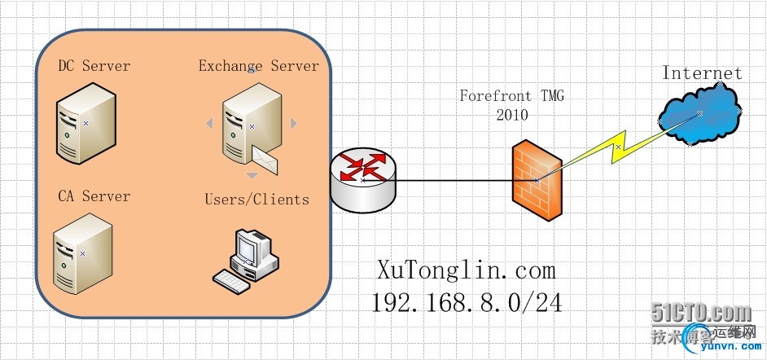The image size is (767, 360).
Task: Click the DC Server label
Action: [x=94, y=66]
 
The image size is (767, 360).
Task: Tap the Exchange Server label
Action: [x=258, y=65]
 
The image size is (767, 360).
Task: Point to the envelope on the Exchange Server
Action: [x=264, y=157]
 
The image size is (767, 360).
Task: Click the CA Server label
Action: [x=94, y=196]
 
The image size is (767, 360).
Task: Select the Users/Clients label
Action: [x=256, y=199]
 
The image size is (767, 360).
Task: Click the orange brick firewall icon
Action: [x=536, y=180]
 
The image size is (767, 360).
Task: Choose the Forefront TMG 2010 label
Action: [x=512, y=105]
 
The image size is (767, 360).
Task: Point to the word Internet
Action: [x=702, y=72]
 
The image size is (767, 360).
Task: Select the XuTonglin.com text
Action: [x=467, y=270]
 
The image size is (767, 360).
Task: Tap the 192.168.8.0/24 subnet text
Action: [x=467, y=302]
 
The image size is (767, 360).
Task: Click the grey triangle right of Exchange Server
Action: [x=294, y=124]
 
